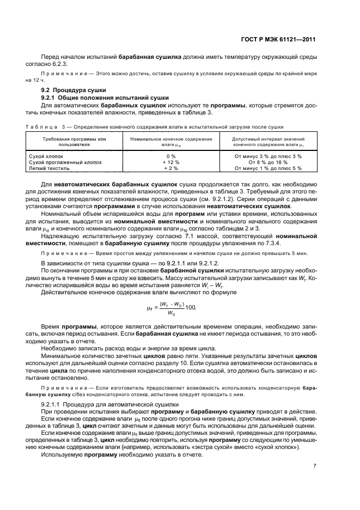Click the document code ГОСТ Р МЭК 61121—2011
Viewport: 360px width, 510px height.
pos(287,40)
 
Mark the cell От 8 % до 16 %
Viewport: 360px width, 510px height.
pos(267,162)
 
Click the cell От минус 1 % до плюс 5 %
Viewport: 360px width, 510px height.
pos(267,168)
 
